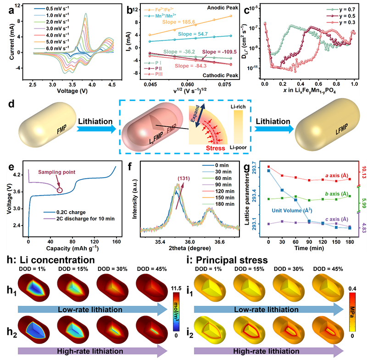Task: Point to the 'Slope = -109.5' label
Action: click(x=221, y=52)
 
